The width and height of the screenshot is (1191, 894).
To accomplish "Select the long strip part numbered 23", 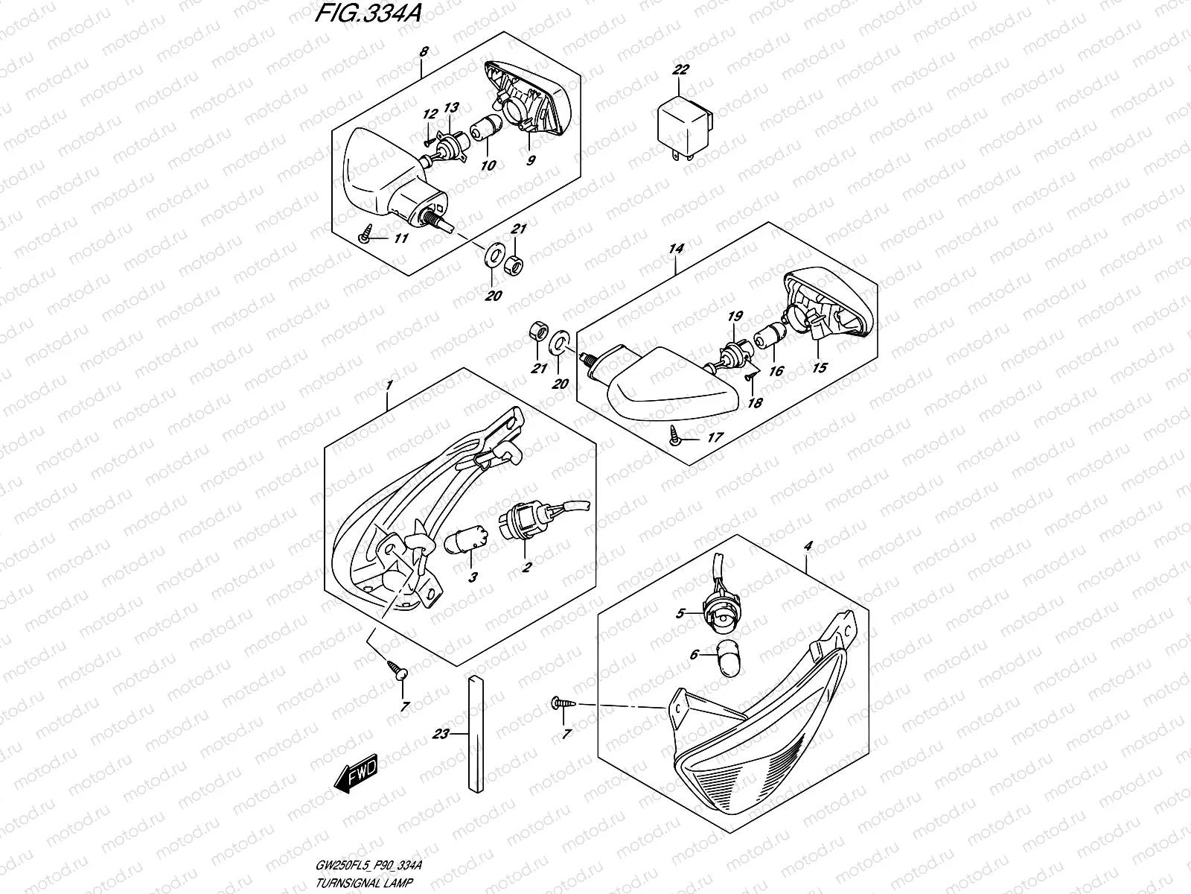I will (x=476, y=735).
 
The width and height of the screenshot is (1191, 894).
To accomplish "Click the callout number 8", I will (x=424, y=52).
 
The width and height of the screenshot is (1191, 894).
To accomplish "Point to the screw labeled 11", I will (x=365, y=237).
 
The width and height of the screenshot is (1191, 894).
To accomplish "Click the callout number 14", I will (x=675, y=249).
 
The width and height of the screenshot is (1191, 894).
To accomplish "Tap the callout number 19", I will (x=735, y=317).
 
